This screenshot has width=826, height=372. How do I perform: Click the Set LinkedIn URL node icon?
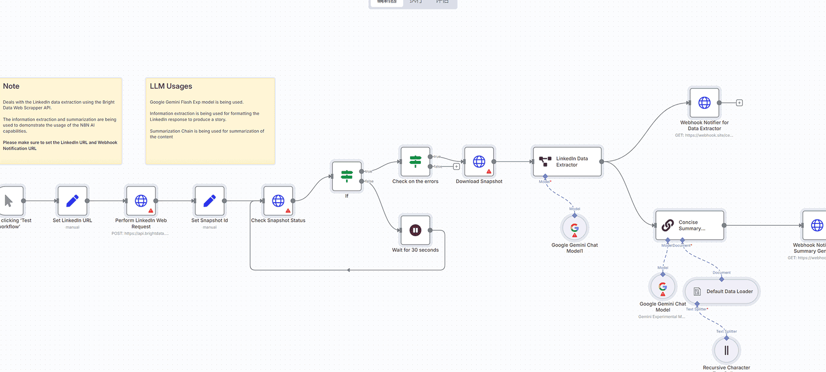tap(72, 201)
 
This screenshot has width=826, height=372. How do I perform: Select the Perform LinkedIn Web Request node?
tap(141, 201)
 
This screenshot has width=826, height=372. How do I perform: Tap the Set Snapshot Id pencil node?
tap(210, 201)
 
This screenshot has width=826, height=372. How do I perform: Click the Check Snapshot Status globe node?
tap(278, 201)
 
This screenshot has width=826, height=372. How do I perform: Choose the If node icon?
tap(347, 176)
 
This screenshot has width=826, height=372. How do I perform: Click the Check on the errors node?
tap(415, 161)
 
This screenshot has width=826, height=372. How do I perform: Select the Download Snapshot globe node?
tap(479, 161)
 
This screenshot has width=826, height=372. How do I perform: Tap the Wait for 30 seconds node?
tap(415, 230)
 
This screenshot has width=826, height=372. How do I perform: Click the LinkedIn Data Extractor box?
tap(567, 161)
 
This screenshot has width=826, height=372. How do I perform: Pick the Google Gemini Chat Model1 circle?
tap(575, 228)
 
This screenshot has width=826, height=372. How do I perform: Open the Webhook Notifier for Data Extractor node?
tap(705, 103)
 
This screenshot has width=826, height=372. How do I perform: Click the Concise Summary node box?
tap(690, 225)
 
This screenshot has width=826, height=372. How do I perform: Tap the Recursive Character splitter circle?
tap(726, 350)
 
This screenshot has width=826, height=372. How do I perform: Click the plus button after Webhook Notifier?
tap(739, 103)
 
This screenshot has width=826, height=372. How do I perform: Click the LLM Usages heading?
tap(171, 86)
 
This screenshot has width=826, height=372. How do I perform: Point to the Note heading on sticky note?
tap(11, 86)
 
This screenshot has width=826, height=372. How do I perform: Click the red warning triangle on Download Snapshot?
tap(489, 172)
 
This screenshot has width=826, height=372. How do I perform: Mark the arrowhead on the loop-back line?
tap(348, 270)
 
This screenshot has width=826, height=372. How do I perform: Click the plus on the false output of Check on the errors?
tap(456, 167)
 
